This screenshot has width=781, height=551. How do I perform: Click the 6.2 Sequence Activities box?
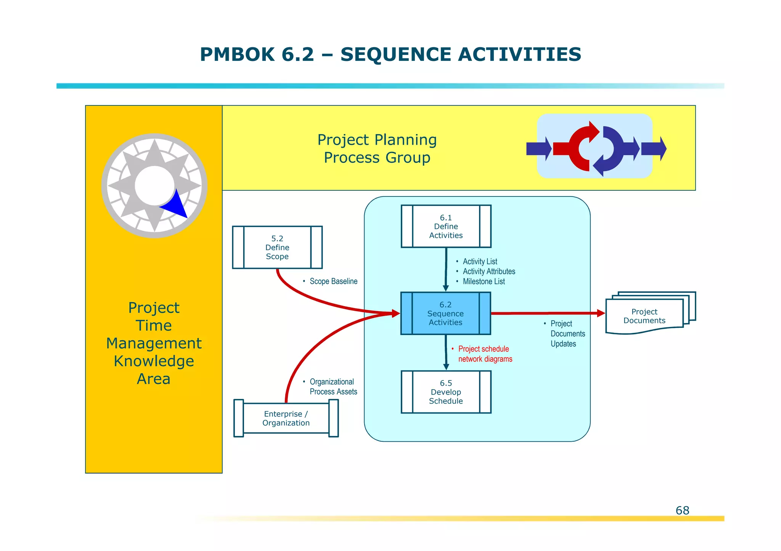[x=445, y=313]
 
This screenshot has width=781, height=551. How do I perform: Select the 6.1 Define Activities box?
[x=446, y=226]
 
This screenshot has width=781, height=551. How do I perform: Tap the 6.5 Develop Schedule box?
[x=446, y=392]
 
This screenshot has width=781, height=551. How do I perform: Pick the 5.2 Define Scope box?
[x=277, y=248]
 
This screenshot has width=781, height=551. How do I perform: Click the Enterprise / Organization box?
[x=286, y=418]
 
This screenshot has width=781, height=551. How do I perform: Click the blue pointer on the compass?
[x=175, y=206]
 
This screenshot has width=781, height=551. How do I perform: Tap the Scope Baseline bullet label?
[x=333, y=281]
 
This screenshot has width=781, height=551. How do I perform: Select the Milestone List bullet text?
[x=483, y=281]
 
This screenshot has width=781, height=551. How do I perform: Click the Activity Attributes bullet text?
[x=489, y=272]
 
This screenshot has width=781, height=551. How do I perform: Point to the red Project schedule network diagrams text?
[x=484, y=354]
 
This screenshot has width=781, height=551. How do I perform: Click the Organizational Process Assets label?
[x=333, y=386]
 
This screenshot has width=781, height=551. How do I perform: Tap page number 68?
[x=682, y=510]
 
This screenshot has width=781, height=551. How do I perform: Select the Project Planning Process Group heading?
[x=377, y=149]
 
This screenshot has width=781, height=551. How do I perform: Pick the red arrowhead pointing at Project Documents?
[x=601, y=313]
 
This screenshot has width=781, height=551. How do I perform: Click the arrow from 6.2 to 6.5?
[x=446, y=352]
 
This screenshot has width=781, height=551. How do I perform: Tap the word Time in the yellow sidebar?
[x=154, y=326]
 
